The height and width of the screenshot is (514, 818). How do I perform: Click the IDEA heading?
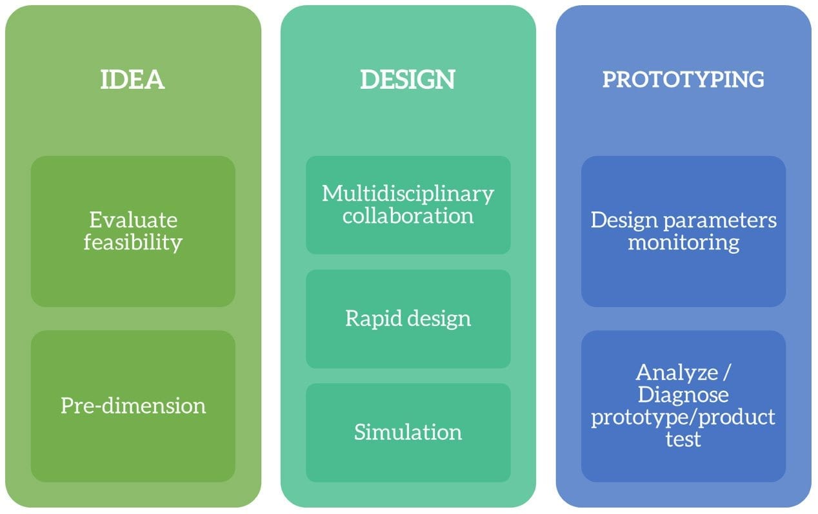[x=132, y=79]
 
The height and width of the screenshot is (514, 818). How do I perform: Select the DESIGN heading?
[x=408, y=79]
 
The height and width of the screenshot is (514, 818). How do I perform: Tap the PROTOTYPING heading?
[x=683, y=79]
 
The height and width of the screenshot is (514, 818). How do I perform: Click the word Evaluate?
[x=134, y=220]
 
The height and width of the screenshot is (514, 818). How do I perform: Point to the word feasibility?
[x=133, y=242]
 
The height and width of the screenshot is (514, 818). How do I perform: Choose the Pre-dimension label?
[x=134, y=405]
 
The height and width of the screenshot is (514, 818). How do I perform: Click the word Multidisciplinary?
[x=408, y=194]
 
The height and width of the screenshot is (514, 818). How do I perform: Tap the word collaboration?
[x=408, y=215]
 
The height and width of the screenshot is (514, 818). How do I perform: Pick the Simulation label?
[x=408, y=432]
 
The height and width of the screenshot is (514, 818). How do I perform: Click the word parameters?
[x=720, y=221]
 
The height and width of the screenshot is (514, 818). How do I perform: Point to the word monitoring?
[x=684, y=243]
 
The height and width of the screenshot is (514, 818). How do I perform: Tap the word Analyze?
[x=677, y=373]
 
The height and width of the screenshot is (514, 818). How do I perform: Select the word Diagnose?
[x=683, y=395]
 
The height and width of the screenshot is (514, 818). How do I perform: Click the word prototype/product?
[x=683, y=417]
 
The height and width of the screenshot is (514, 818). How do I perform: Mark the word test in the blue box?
[x=683, y=439]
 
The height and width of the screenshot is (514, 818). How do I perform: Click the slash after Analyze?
[x=726, y=373]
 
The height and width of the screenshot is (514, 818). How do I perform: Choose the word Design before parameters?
[x=624, y=221]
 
